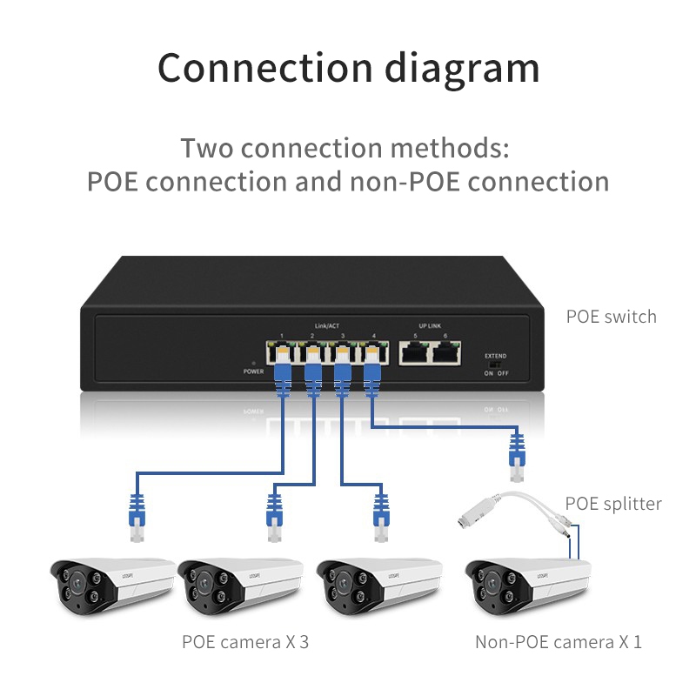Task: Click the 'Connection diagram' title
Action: pyautogui.click(x=348, y=67)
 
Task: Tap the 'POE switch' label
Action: pyautogui.click(x=611, y=316)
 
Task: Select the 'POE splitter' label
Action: pyautogui.click(x=613, y=504)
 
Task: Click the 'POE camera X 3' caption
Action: pyautogui.click(x=245, y=643)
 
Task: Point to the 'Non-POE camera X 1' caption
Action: pyautogui.click(x=559, y=643)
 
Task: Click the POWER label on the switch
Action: pyautogui.click(x=253, y=371)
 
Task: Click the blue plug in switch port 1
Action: pyautogui.click(x=282, y=374)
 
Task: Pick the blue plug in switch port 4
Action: pyautogui.click(x=372, y=374)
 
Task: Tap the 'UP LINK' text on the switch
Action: pyautogui.click(x=430, y=326)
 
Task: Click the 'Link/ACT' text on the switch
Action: pyautogui.click(x=327, y=326)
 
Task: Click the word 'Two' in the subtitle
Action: pyautogui.click(x=207, y=147)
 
